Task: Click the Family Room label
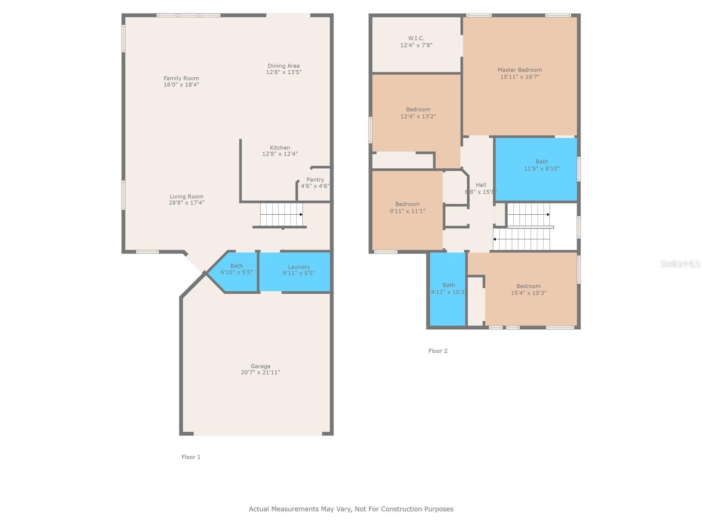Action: [x=181, y=79]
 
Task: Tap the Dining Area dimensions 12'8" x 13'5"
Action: [x=284, y=72]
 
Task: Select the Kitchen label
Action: [x=280, y=148]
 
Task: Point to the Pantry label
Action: [x=315, y=180]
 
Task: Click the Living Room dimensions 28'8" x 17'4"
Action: [x=186, y=202]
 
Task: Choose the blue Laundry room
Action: [x=294, y=272]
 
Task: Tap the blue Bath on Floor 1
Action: [x=233, y=272]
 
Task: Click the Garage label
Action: [x=260, y=366]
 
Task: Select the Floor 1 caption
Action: [x=191, y=457]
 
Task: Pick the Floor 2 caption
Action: [x=438, y=351]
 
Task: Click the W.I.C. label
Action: [x=416, y=38]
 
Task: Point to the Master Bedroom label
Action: [x=520, y=70]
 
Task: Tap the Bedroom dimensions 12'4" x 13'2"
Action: [x=418, y=116]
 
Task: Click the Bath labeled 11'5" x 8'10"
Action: [x=536, y=169]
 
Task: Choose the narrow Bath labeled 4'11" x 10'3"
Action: [x=448, y=289]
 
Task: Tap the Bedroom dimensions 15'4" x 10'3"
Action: [x=528, y=293]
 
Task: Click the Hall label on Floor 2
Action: [x=481, y=185]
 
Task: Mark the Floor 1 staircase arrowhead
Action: [x=301, y=214]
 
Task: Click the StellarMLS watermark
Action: [x=680, y=263]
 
